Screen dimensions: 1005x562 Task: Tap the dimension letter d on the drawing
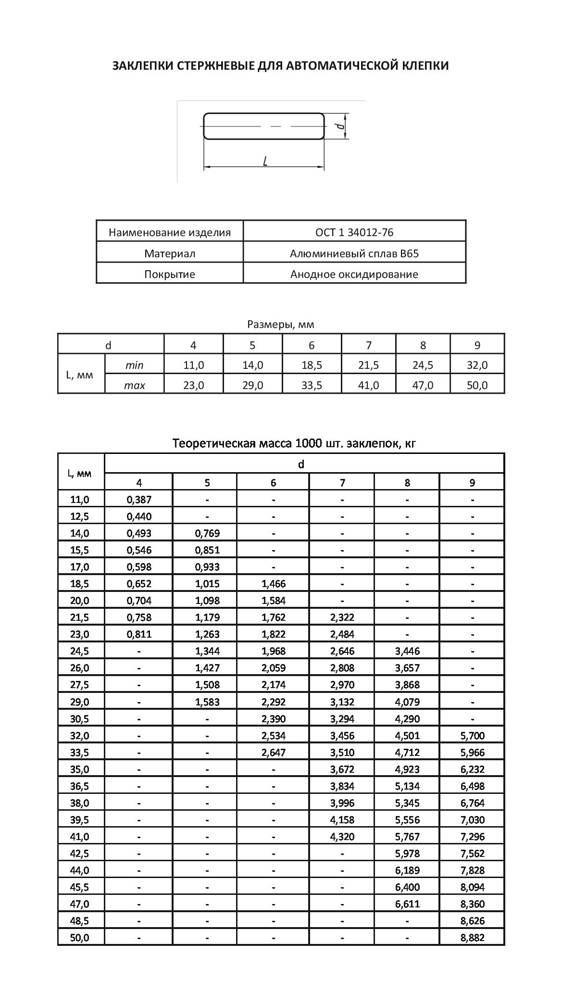(340, 126)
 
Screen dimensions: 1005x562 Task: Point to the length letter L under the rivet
(265, 161)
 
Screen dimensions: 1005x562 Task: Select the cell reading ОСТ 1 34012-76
(354, 232)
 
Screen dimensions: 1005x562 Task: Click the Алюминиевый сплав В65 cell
(354, 253)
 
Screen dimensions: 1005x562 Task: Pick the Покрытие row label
(170, 275)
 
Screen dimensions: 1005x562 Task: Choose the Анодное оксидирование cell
(354, 275)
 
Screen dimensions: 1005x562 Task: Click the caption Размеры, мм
(281, 325)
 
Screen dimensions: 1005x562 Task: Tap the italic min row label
(134, 365)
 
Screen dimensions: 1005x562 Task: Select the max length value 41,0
(369, 386)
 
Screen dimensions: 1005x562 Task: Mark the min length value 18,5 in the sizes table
(312, 365)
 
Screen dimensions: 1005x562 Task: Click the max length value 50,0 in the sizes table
(477, 386)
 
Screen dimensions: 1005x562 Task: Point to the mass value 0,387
(139, 500)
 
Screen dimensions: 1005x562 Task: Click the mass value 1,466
(273, 584)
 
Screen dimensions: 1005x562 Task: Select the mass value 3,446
(407, 651)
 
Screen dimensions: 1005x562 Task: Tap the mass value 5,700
(472, 736)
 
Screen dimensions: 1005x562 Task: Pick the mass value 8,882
(472, 938)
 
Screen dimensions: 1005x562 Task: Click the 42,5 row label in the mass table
(80, 854)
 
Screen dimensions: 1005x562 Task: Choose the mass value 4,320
(342, 837)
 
